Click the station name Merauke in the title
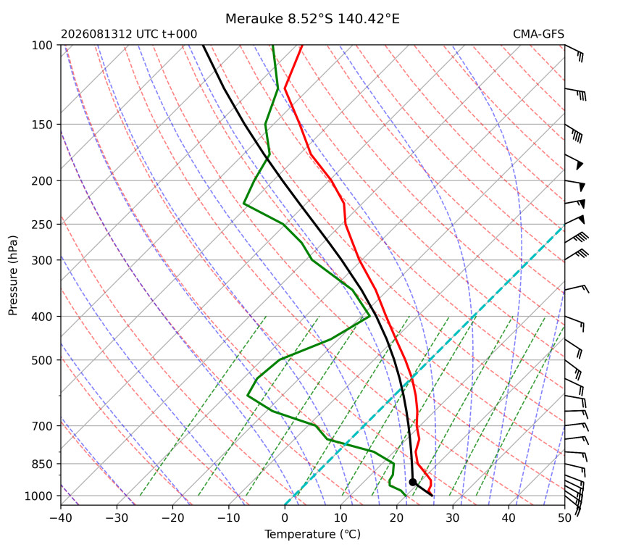point(254,19)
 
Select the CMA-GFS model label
point(538,34)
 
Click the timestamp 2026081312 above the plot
point(96,34)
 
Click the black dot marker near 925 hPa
point(412,482)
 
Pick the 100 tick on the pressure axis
point(42,46)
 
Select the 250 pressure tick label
point(42,225)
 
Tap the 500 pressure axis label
point(42,360)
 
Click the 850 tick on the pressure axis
point(42,464)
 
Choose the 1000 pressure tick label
point(39,496)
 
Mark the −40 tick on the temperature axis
point(61,518)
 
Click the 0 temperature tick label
point(285,518)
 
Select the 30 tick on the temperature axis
point(453,518)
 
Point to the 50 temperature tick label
point(564,518)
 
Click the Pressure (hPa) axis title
point(13,275)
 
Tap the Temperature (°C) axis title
point(313,534)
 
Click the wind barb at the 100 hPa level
point(574,52)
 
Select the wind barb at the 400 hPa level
point(574,323)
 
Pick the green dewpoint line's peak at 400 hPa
point(369,317)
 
